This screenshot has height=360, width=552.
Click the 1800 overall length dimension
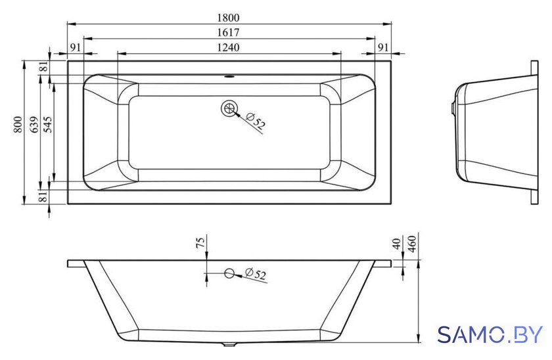tap(228, 17)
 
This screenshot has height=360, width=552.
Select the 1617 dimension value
tap(228, 32)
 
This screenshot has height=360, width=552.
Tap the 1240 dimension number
tap(228, 47)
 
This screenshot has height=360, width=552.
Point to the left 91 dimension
tap(76, 47)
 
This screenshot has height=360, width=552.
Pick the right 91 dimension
tap(383, 47)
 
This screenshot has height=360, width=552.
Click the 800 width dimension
tap(18, 125)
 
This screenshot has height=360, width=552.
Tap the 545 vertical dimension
tap(47, 125)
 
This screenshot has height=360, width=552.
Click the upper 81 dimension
tap(43, 66)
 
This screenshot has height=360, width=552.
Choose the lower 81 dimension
tap(43, 196)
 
